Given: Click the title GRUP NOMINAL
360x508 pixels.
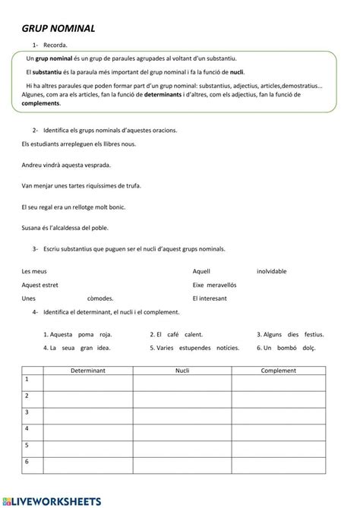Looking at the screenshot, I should [x=58, y=28].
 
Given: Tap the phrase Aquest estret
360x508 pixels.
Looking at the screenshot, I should [x=40, y=285].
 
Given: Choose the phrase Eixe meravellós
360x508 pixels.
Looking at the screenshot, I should [x=215, y=285].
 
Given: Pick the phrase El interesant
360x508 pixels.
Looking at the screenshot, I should [x=210, y=298].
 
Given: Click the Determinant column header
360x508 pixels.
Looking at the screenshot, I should [x=87, y=370].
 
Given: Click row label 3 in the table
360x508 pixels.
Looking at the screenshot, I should [x=27, y=412].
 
